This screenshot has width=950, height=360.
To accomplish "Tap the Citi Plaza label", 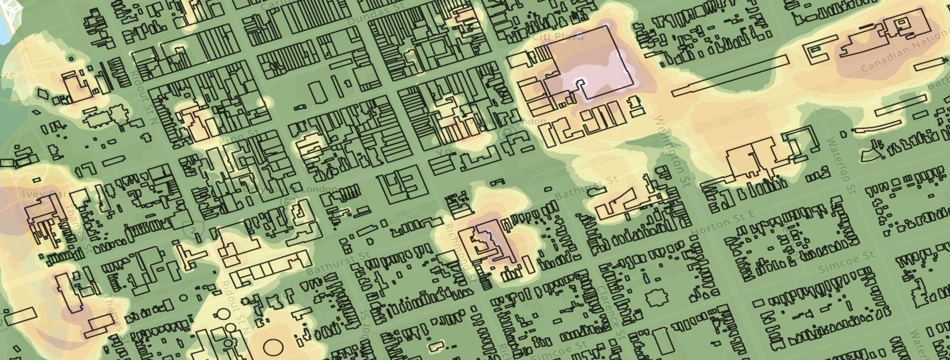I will [558, 37].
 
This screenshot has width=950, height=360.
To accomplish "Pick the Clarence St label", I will [611, 309].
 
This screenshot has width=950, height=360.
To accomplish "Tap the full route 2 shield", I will [193, 229].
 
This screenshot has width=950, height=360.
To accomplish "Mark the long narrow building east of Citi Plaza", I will [730, 76].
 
